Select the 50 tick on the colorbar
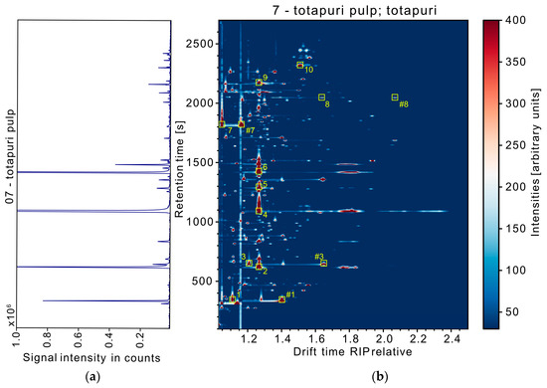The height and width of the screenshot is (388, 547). click(x=515, y=311)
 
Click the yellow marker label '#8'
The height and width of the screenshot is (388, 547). click(x=403, y=104)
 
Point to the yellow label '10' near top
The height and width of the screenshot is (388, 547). click(x=309, y=71)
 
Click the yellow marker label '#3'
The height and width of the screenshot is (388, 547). click(x=318, y=257)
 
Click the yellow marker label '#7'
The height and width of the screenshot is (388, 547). click(x=250, y=130)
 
